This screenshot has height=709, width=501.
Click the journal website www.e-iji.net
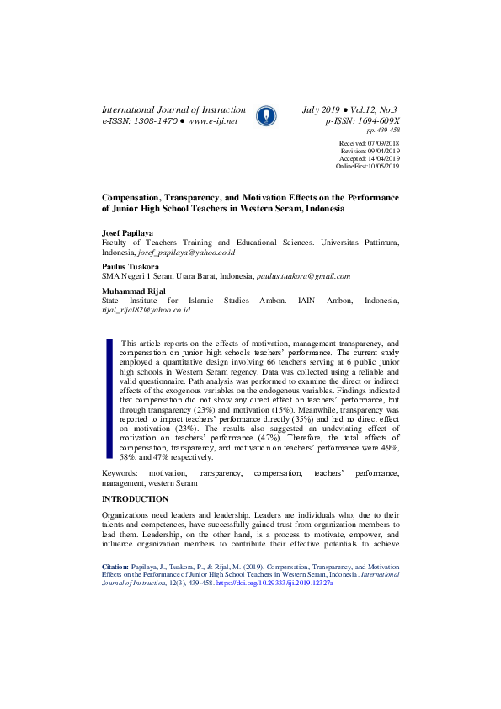tap(213, 121)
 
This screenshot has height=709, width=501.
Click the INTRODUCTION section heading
tap(135, 499)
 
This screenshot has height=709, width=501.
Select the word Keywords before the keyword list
tap(120, 475)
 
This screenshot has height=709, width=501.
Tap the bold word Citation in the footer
tap(115, 567)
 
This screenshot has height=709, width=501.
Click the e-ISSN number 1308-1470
tap(153, 121)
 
